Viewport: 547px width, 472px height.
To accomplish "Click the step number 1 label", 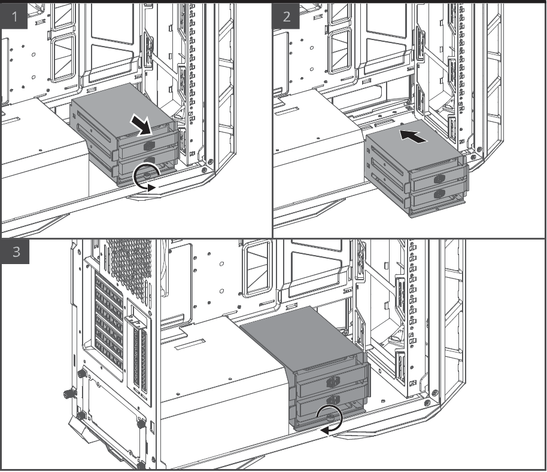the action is point(14,16).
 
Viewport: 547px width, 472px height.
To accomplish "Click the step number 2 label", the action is point(286,16).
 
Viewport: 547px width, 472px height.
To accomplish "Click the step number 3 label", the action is point(16,252).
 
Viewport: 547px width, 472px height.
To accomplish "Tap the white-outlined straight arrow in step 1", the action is point(142,126).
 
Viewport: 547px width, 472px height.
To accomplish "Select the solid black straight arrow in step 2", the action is point(413,136).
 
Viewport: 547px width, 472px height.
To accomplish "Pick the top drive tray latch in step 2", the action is point(439,179).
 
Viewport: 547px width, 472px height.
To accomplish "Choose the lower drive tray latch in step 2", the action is point(439,194).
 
